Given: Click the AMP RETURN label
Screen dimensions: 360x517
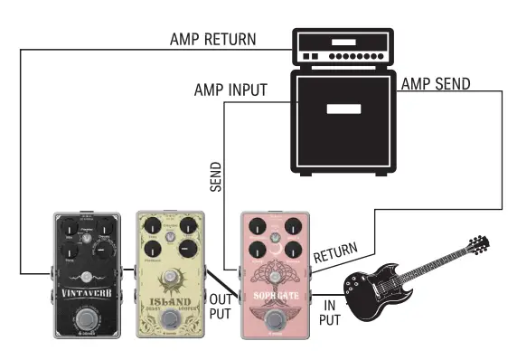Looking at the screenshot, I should click(211, 40).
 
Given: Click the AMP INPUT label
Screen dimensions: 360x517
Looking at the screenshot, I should click(230, 91).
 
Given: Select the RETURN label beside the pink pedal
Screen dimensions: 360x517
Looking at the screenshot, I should click(334, 252).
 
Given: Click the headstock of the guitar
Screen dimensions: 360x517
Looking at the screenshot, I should click(478, 244).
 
